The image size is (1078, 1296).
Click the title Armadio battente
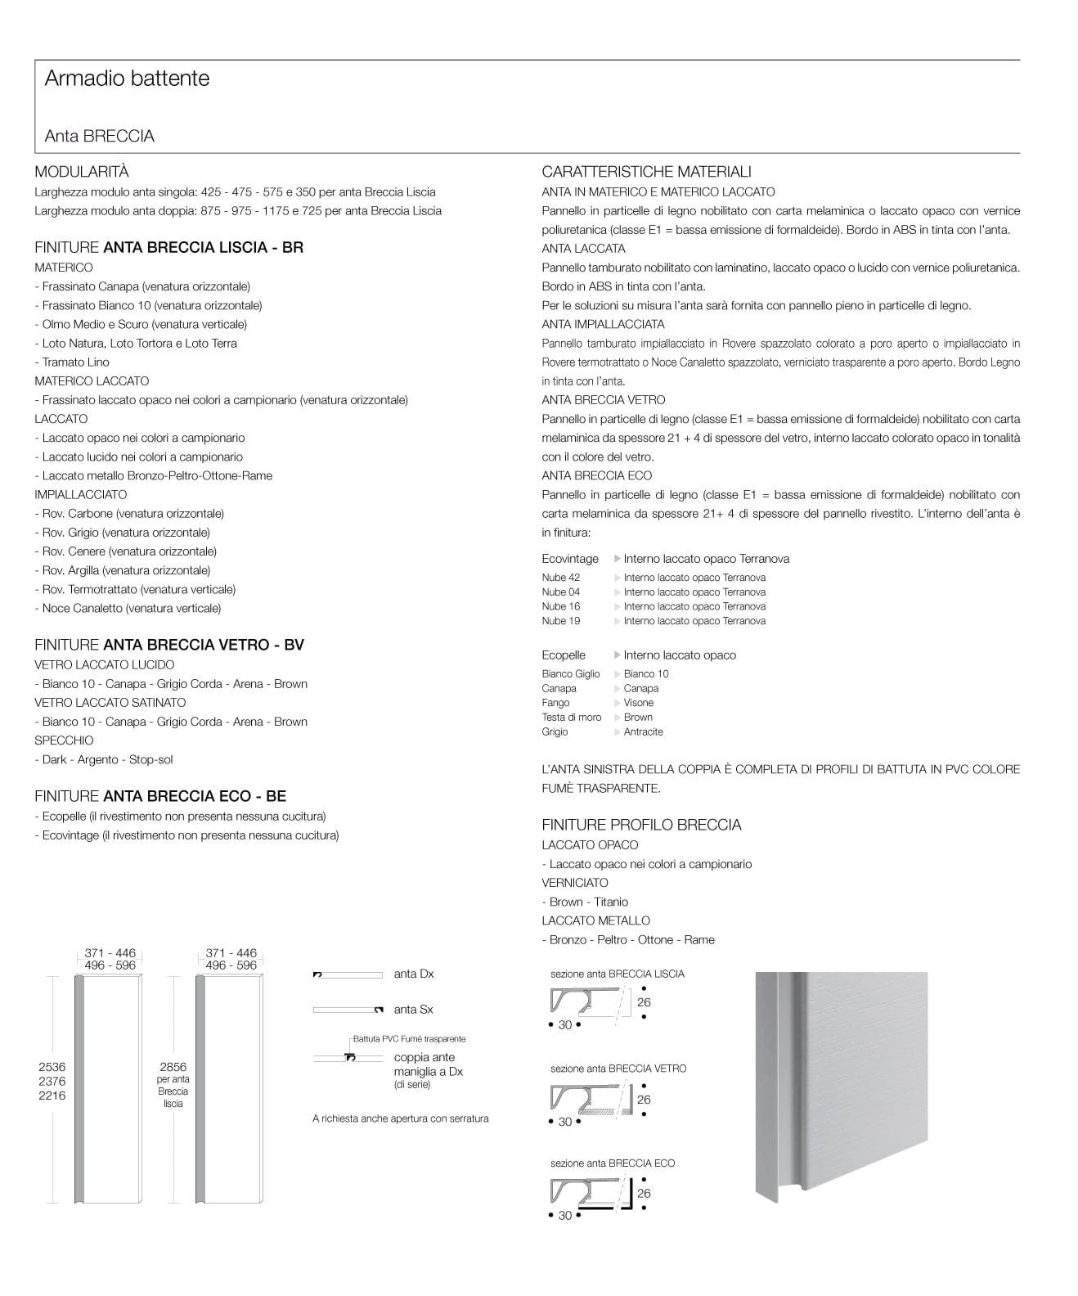point(127,79)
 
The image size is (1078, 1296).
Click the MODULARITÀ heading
point(82,172)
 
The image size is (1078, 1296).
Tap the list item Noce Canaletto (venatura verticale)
point(128,609)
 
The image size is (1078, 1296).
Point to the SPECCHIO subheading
point(64,740)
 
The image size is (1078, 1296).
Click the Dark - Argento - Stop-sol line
point(104,760)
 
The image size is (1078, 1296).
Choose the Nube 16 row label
point(561,607)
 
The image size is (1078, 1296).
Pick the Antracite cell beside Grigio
point(643,732)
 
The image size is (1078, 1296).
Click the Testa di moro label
point(572,718)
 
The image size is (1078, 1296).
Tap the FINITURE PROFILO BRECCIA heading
point(641,825)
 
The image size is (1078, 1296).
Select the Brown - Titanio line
point(585,902)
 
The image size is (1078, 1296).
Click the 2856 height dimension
point(173,1067)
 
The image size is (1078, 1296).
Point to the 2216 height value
point(52,1096)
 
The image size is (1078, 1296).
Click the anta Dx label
point(414,974)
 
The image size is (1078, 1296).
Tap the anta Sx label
point(414,1010)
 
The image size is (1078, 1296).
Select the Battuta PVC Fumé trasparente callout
point(409,1039)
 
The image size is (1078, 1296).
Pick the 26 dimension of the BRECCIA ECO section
point(644,1194)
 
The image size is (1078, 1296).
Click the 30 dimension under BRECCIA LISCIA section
point(565,1025)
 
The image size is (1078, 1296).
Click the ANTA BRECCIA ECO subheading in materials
point(597,475)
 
